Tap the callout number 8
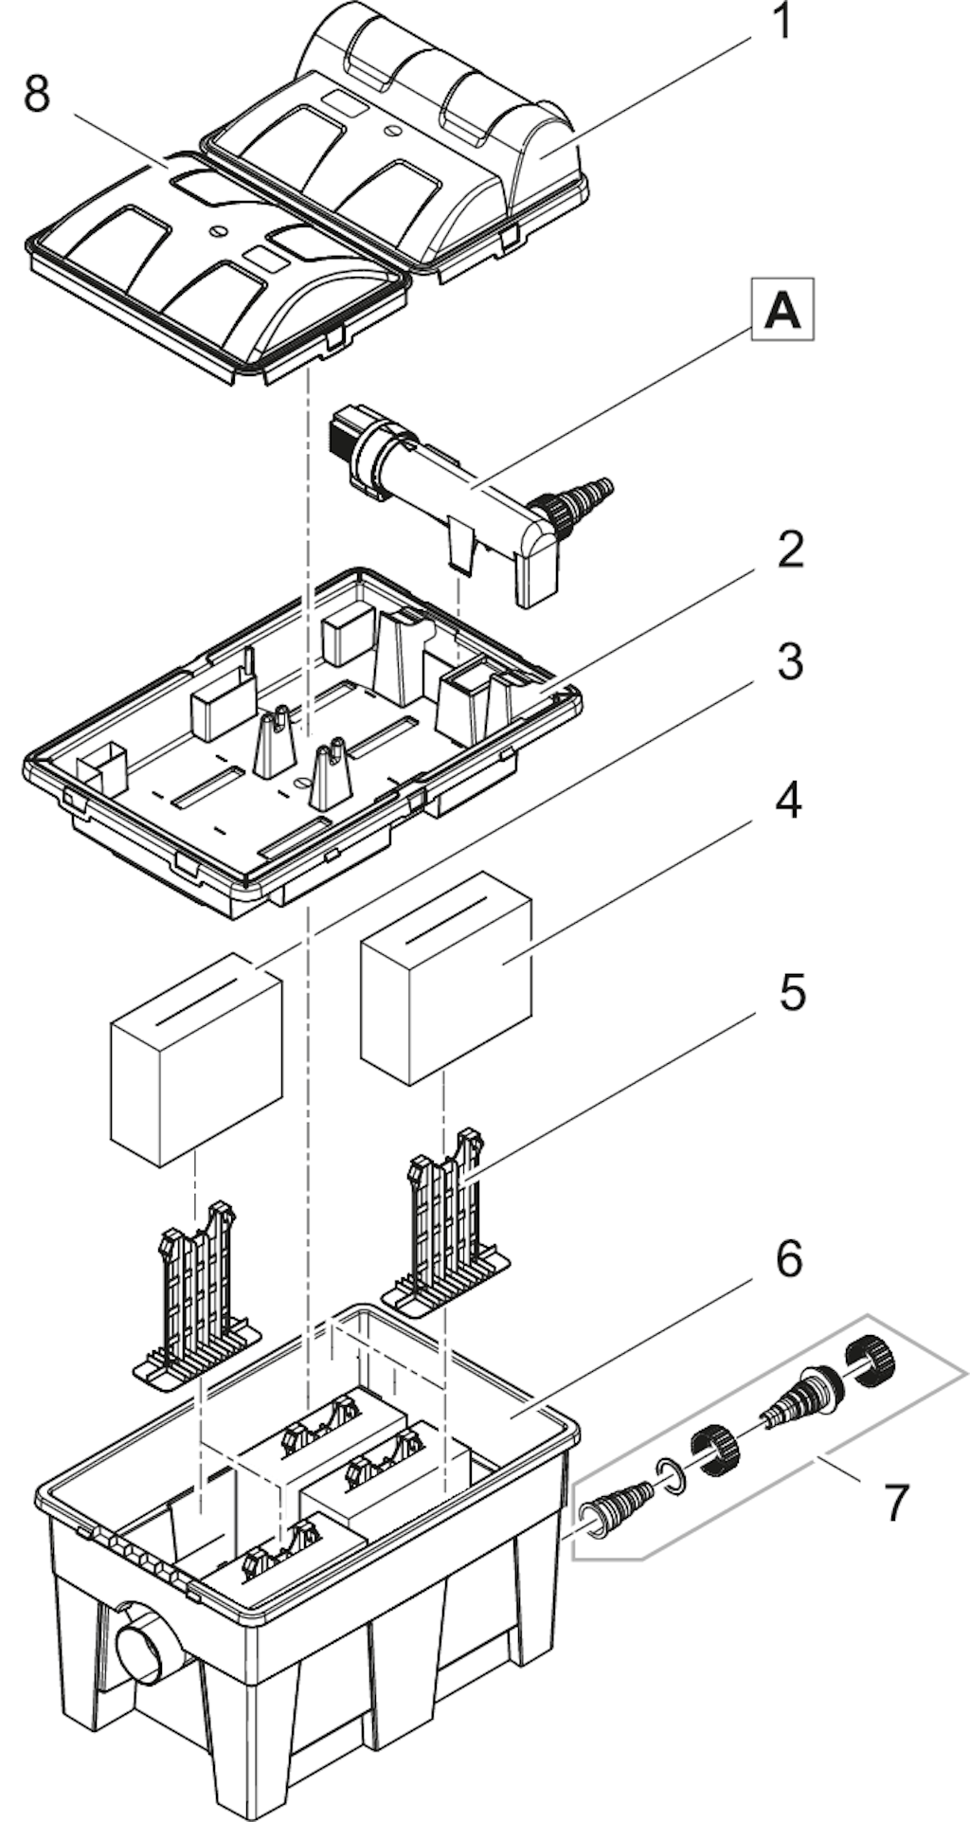(x=37, y=94)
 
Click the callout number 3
(x=790, y=662)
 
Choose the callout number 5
(x=791, y=993)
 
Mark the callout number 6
(x=789, y=1259)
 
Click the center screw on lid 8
(x=221, y=227)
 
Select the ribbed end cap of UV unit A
(x=348, y=431)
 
